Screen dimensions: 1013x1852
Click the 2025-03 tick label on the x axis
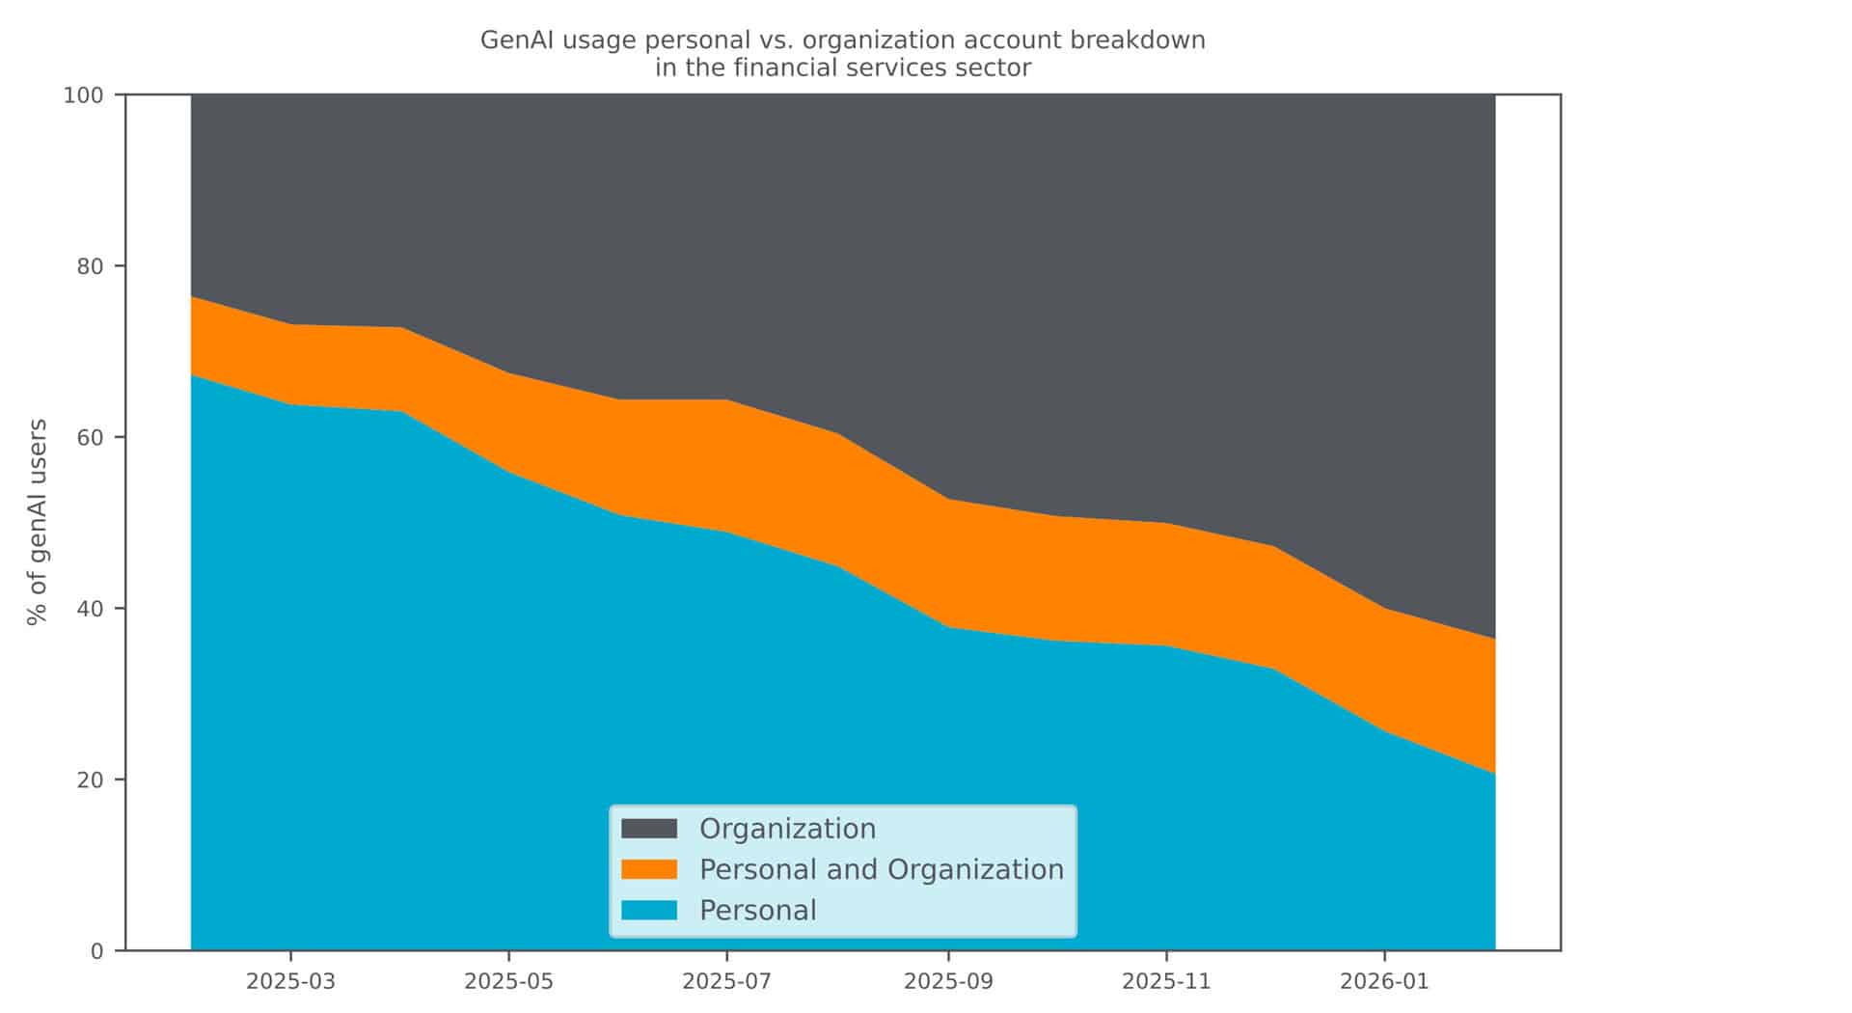(x=290, y=982)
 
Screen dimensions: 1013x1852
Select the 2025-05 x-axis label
(x=508, y=982)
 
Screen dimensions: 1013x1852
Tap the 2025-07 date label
(x=726, y=982)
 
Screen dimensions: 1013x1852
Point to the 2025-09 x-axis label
(x=948, y=982)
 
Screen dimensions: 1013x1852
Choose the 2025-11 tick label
(x=1166, y=982)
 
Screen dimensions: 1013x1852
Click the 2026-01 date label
(x=1384, y=982)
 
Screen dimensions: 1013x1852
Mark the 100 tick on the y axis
(x=83, y=96)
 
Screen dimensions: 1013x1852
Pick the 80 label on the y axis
(x=90, y=266)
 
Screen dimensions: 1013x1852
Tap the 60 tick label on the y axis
(x=90, y=437)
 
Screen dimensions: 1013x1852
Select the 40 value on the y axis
(x=90, y=609)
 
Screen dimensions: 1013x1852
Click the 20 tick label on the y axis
(x=90, y=780)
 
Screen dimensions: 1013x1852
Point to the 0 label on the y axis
(x=96, y=951)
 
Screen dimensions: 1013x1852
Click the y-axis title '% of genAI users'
(x=38, y=522)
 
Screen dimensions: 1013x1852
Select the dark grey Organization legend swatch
(x=649, y=829)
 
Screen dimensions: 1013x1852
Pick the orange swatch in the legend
(x=649, y=869)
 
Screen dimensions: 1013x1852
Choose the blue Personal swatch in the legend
(x=649, y=910)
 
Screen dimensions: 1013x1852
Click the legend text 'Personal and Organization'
(x=881, y=869)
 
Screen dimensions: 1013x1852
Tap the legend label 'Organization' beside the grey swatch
(x=787, y=829)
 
